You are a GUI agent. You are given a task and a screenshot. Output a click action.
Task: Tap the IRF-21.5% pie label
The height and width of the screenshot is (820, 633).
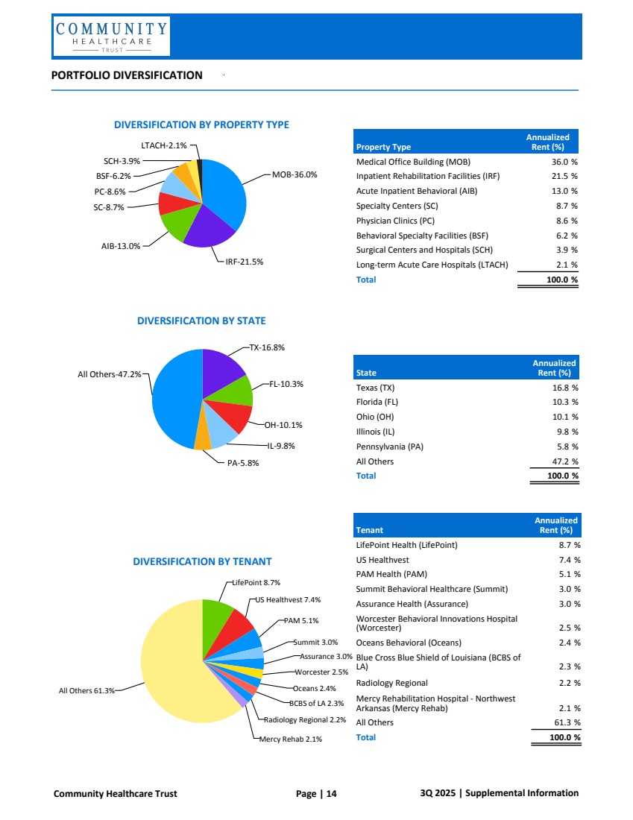tap(245, 262)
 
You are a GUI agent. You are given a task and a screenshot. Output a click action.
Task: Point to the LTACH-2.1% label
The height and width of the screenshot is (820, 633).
tap(164, 145)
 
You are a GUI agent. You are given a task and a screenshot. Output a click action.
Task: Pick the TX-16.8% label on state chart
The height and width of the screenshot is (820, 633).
tap(267, 347)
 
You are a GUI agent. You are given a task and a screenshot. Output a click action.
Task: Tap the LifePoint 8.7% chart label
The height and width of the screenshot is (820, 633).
tap(256, 582)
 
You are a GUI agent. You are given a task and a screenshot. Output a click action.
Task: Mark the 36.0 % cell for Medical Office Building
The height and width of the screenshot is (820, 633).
tap(564, 161)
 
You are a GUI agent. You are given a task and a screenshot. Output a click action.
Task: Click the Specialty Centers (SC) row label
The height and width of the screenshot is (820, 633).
tap(395, 206)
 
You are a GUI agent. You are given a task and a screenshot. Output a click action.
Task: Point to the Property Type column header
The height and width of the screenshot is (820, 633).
tap(383, 147)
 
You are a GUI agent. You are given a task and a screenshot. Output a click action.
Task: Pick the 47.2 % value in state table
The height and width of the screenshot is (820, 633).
tap(565, 461)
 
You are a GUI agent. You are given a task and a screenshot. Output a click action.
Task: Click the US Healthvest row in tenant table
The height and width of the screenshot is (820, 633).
tap(382, 559)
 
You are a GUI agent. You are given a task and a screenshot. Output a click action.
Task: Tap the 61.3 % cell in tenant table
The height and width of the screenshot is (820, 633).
tap(569, 722)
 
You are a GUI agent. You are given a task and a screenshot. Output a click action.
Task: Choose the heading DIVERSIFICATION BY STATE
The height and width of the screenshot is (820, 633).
tap(201, 321)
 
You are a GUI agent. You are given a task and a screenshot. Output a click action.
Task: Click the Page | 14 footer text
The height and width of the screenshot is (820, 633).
tap(316, 793)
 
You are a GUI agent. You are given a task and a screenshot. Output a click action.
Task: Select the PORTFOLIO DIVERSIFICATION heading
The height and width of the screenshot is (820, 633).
tap(127, 75)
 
